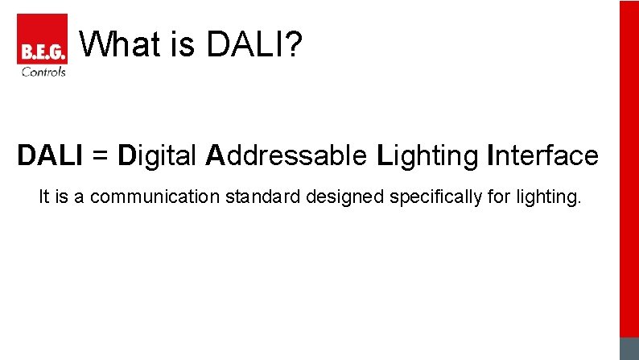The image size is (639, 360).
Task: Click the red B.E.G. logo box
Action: pyautogui.click(x=42, y=39)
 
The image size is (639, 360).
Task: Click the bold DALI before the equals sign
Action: pyautogui.click(x=50, y=155)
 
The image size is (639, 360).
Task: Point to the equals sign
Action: pyautogui.click(x=101, y=155)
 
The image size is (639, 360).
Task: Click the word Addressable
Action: pyautogui.click(x=286, y=155)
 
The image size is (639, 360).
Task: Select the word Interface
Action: pyautogui.click(x=543, y=155)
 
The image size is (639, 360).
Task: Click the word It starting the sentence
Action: pyautogui.click(x=44, y=197)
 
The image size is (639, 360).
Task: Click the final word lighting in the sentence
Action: pyautogui.click(x=547, y=197)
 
